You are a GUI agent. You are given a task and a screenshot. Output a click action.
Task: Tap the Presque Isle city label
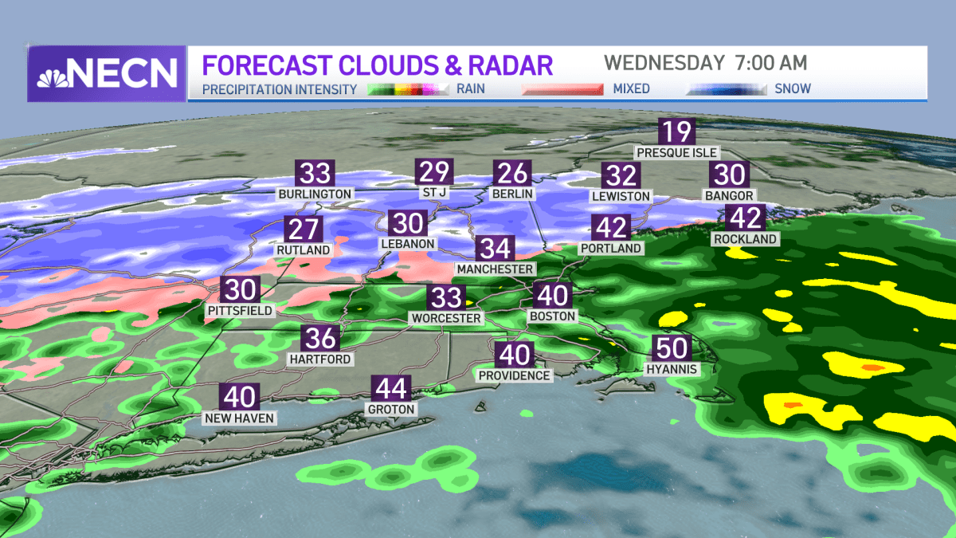click(677, 152)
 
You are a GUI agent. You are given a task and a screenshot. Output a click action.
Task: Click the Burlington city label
click(315, 194)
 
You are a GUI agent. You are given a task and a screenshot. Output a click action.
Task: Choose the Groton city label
click(391, 409)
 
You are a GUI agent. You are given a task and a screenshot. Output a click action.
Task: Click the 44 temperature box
click(391, 389)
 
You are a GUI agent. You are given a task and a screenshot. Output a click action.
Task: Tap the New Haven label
click(240, 418)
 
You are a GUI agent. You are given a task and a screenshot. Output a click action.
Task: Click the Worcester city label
click(446, 318)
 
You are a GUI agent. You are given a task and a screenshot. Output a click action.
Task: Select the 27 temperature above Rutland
click(304, 230)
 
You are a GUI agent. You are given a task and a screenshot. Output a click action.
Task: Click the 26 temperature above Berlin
click(511, 173)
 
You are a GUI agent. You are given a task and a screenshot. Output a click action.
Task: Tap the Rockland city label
click(746, 238)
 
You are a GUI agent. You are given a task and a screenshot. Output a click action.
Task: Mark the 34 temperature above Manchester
click(495, 249)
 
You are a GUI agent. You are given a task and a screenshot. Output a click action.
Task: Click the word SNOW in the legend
click(793, 88)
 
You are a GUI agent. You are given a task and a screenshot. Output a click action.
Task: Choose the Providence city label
click(514, 375)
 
